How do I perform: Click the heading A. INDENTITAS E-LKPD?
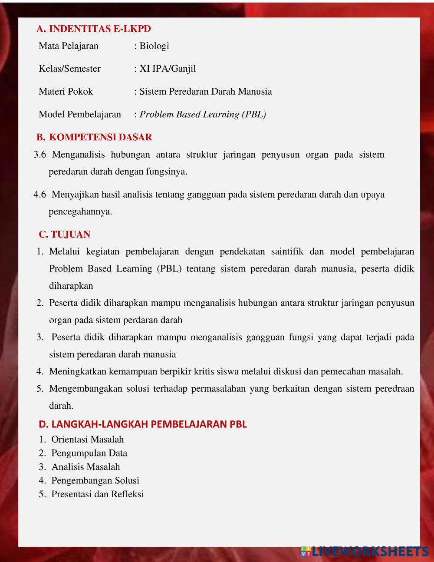tap(94, 29)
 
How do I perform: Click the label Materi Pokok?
tap(66, 92)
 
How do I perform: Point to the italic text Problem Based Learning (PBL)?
tap(203, 115)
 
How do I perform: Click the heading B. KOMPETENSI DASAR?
tap(94, 137)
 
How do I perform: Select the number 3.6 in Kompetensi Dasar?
tap(39, 155)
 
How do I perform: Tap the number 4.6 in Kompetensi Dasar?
tap(39, 195)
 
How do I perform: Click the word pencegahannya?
tap(80, 212)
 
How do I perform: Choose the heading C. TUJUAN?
tap(65, 235)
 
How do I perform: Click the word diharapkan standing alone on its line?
tap(71, 286)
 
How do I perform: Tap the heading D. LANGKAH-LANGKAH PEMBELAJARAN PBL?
tap(143, 424)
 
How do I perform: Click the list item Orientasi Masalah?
tap(87, 440)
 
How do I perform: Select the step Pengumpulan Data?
tap(89, 453)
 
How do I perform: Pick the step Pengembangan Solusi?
tap(95, 481)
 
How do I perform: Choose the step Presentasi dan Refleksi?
tap(98, 494)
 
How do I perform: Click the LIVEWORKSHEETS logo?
tap(365, 552)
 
